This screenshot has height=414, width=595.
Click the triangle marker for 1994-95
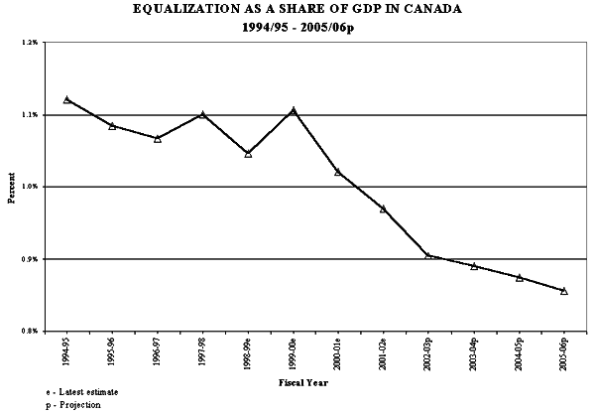coord(66,99)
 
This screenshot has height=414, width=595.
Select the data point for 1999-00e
coord(293,110)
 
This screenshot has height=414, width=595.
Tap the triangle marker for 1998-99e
coord(248,154)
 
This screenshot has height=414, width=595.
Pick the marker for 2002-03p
coord(428,255)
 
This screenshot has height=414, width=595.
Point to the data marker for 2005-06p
coord(564,291)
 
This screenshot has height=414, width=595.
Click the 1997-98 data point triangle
coord(202,114)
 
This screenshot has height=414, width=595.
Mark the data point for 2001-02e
coord(383,208)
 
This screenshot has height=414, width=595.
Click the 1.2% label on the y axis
coord(28,44)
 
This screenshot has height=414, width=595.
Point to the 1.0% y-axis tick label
coord(28,187)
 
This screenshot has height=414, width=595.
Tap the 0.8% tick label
coord(28,331)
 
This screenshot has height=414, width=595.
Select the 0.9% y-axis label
coord(28,259)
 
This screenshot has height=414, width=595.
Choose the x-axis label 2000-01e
coord(338,353)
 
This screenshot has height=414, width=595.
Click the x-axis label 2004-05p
coord(519,353)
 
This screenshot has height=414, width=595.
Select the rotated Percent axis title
coord(11,187)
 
